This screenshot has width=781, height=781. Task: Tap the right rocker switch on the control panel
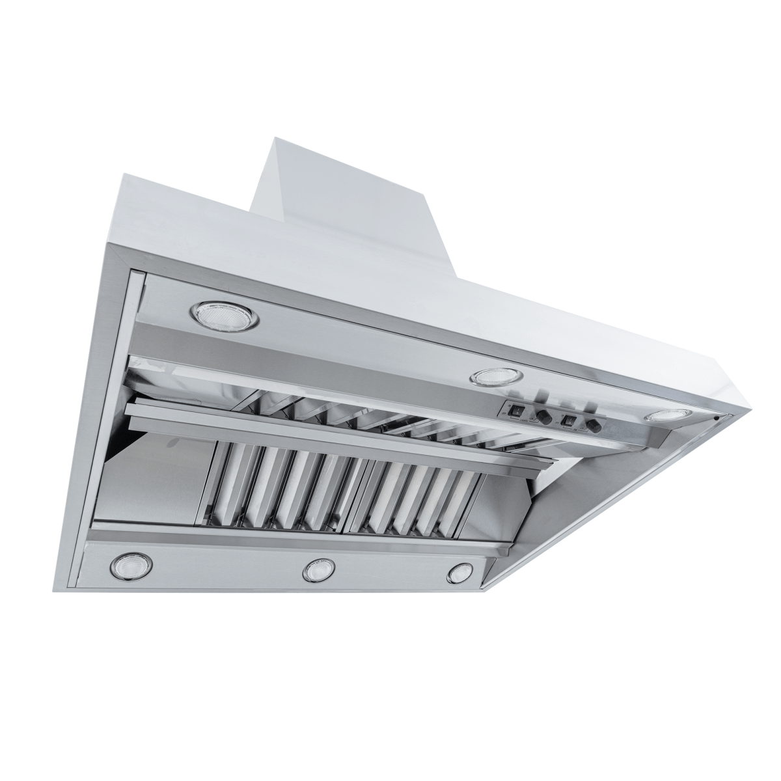[570, 420]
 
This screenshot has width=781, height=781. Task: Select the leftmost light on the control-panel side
[221, 314]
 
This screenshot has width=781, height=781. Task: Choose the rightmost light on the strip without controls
[460, 572]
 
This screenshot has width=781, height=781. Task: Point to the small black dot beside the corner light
[715, 418]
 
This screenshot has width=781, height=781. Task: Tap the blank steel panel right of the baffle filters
[514, 508]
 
